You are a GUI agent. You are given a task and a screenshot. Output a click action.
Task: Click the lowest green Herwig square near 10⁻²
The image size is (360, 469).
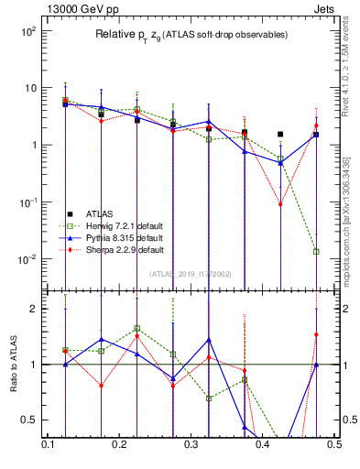[316, 251]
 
